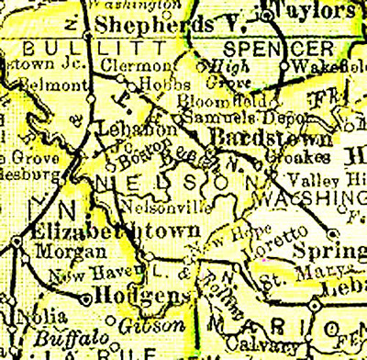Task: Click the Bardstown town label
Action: coord(261,137)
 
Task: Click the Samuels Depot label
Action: coord(224,118)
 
